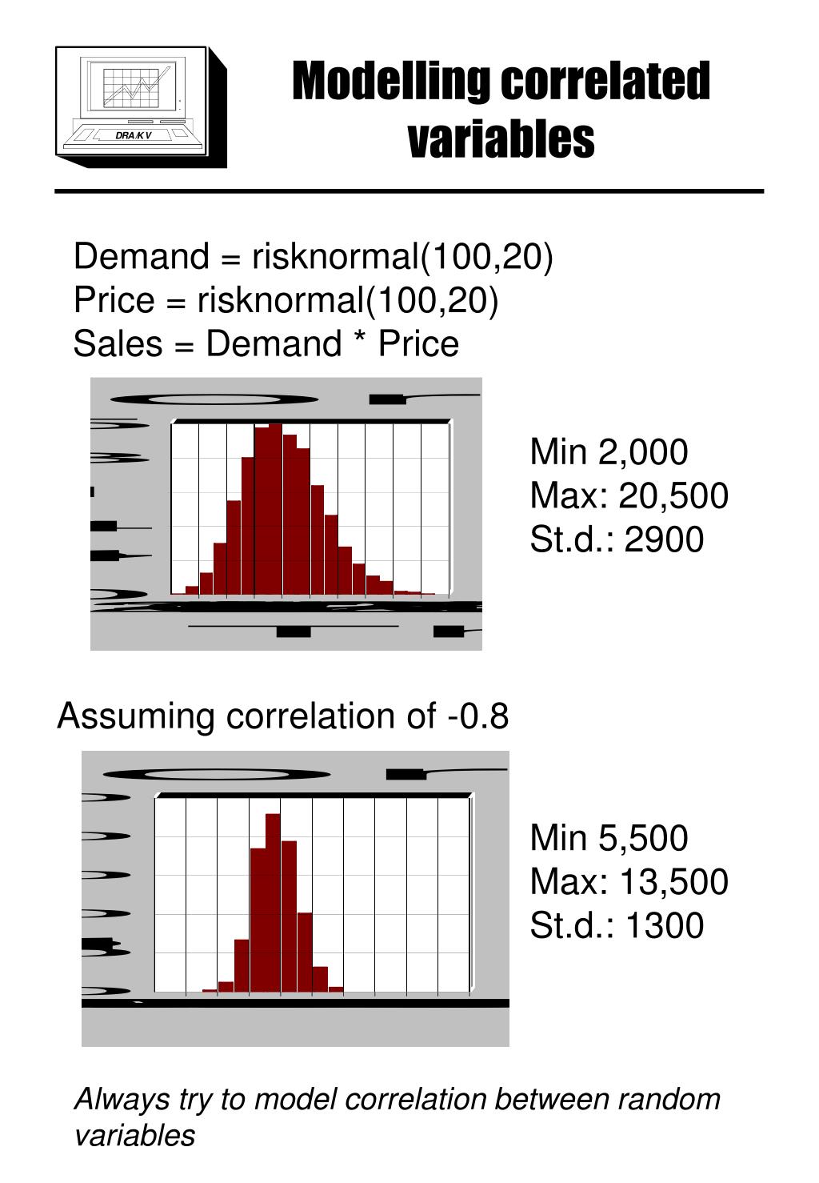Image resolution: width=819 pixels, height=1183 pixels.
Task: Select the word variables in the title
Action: pyautogui.click(x=501, y=139)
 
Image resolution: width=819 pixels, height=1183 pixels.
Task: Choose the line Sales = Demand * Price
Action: pyautogui.click(x=266, y=344)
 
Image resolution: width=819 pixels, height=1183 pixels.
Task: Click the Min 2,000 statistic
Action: pyautogui.click(x=608, y=452)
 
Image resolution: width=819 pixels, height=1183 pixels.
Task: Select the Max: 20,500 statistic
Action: pyautogui.click(x=629, y=495)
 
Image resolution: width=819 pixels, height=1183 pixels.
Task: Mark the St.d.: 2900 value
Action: pyautogui.click(x=617, y=539)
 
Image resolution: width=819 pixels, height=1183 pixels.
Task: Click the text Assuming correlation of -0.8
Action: pyautogui.click(x=282, y=716)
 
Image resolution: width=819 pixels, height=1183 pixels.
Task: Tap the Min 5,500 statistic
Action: pyautogui.click(x=608, y=838)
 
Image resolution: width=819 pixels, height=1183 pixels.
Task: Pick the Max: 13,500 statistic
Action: pyautogui.click(x=629, y=881)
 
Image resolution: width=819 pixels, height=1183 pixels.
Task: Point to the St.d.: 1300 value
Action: pyautogui.click(x=617, y=925)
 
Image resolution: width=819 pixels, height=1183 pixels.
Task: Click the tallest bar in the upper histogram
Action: pyautogui.click(x=275, y=512)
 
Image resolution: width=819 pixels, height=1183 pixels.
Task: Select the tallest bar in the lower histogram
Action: pyautogui.click(x=273, y=904)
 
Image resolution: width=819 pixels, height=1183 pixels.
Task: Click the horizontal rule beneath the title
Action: pyautogui.click(x=409, y=191)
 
